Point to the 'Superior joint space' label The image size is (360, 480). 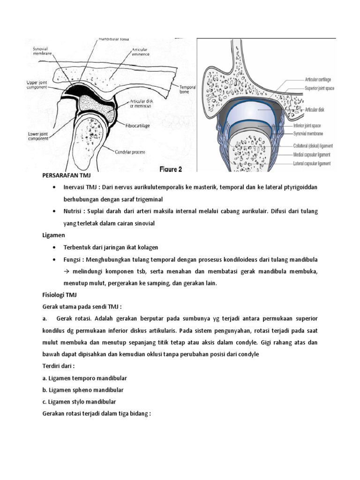click(319, 88)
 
